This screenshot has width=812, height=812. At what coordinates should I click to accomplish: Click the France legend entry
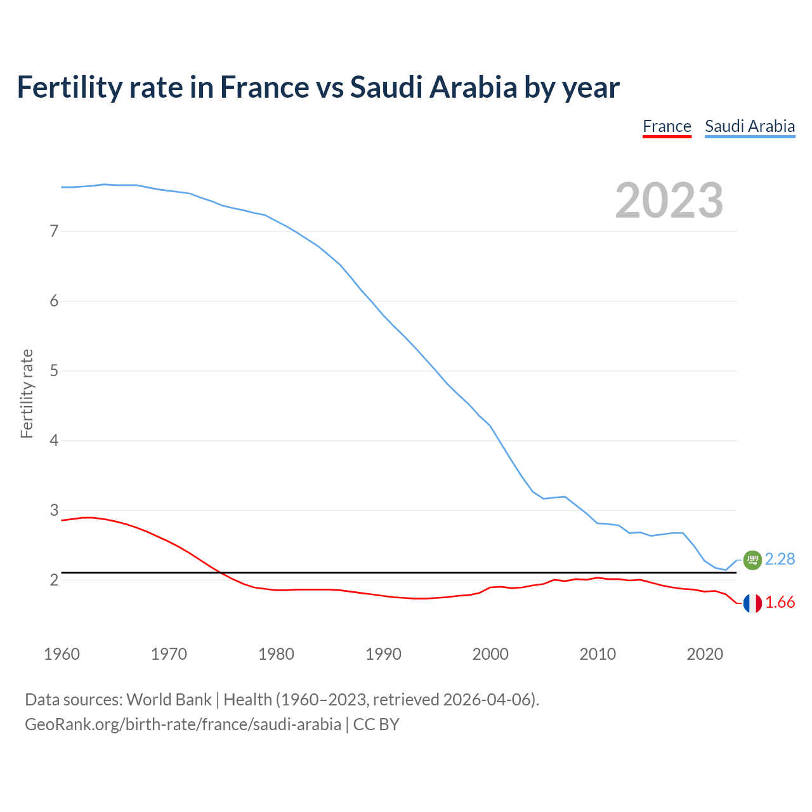tap(667, 126)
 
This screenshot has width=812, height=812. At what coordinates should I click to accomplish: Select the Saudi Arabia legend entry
tap(750, 126)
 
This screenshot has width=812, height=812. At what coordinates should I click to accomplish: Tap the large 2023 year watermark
tap(669, 200)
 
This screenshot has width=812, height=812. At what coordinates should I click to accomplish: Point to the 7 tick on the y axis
tap(54, 231)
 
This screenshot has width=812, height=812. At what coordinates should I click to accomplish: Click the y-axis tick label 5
tap(54, 370)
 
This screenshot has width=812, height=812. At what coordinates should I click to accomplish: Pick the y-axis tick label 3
tap(54, 510)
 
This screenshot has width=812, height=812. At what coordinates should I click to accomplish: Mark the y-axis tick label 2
tap(54, 580)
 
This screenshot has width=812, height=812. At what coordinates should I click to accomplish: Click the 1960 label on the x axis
tap(62, 654)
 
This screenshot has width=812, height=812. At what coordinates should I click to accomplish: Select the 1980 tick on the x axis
tap(276, 654)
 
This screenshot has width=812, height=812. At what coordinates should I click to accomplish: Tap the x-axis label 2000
tap(490, 654)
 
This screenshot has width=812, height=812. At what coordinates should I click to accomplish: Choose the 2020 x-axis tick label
tap(705, 654)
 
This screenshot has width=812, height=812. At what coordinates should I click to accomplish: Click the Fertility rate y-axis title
tap(27, 393)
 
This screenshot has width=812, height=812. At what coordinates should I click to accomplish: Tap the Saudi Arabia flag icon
tap(752, 560)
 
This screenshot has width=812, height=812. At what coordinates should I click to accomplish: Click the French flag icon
tap(752, 603)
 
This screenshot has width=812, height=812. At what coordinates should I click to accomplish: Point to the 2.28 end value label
tap(780, 559)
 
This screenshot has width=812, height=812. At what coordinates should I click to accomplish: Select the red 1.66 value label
tap(780, 603)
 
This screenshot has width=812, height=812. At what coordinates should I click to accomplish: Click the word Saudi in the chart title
tap(386, 87)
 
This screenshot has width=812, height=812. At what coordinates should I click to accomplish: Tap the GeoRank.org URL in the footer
tap(183, 724)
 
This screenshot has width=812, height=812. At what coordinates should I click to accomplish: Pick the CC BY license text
tap(376, 724)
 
